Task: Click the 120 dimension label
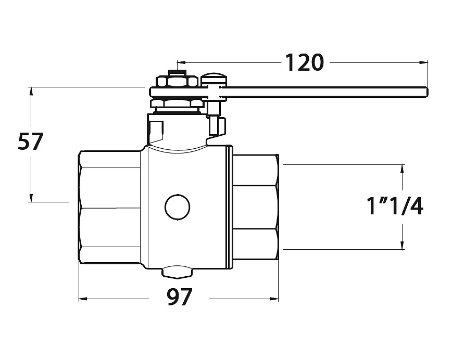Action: [304, 62]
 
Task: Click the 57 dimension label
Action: [31, 142]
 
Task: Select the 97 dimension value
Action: [179, 297]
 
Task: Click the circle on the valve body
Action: [178, 208]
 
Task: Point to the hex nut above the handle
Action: [177, 82]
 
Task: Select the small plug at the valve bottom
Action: [177, 272]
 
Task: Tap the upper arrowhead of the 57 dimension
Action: [31, 91]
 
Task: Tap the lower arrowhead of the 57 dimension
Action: [31, 198]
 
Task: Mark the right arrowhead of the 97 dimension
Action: [274, 299]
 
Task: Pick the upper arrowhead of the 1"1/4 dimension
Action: [402, 169]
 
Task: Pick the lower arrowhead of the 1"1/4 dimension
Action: [402, 245]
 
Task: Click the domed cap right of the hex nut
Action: [214, 78]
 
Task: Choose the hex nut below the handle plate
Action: [177, 103]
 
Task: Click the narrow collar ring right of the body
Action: [229, 207]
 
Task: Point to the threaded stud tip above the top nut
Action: [177, 73]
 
